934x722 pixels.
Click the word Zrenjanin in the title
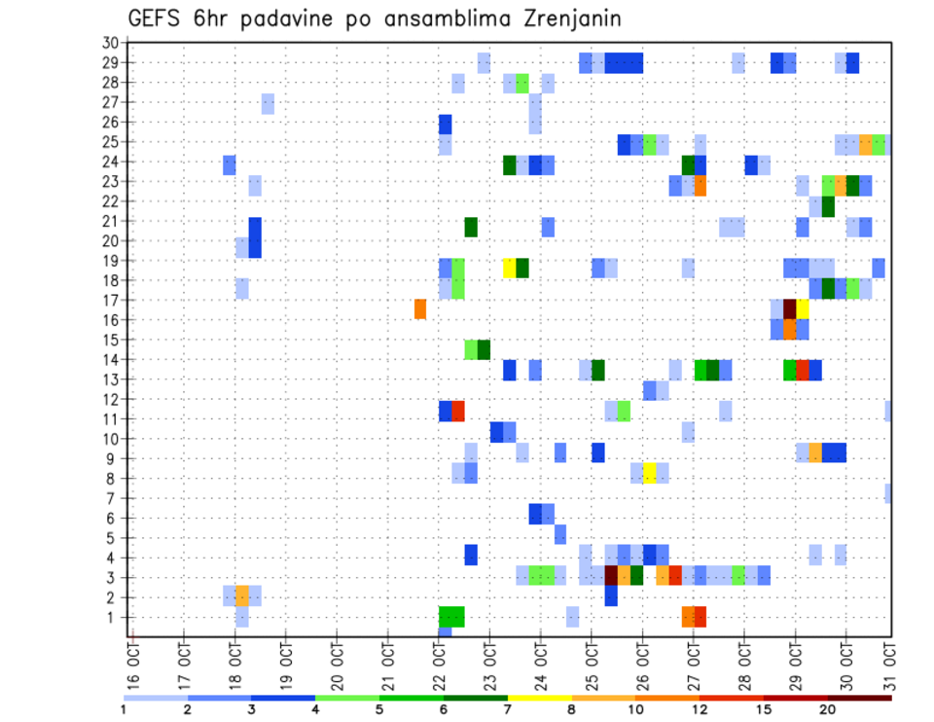pyautogui.click(x=563, y=19)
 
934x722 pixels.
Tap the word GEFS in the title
pyautogui.click(x=162, y=19)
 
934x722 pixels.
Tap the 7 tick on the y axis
pyautogui.click(x=113, y=498)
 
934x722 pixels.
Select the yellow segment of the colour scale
pyautogui.click(x=540, y=698)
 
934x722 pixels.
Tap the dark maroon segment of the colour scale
pyautogui.click(x=860, y=698)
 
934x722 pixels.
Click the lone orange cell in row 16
pyautogui.click(x=420, y=309)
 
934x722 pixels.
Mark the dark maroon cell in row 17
pyautogui.click(x=790, y=308)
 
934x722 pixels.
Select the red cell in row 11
pyautogui.click(x=458, y=411)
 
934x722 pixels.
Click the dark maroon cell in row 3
pyautogui.click(x=611, y=575)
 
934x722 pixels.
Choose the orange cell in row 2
pyautogui.click(x=242, y=596)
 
